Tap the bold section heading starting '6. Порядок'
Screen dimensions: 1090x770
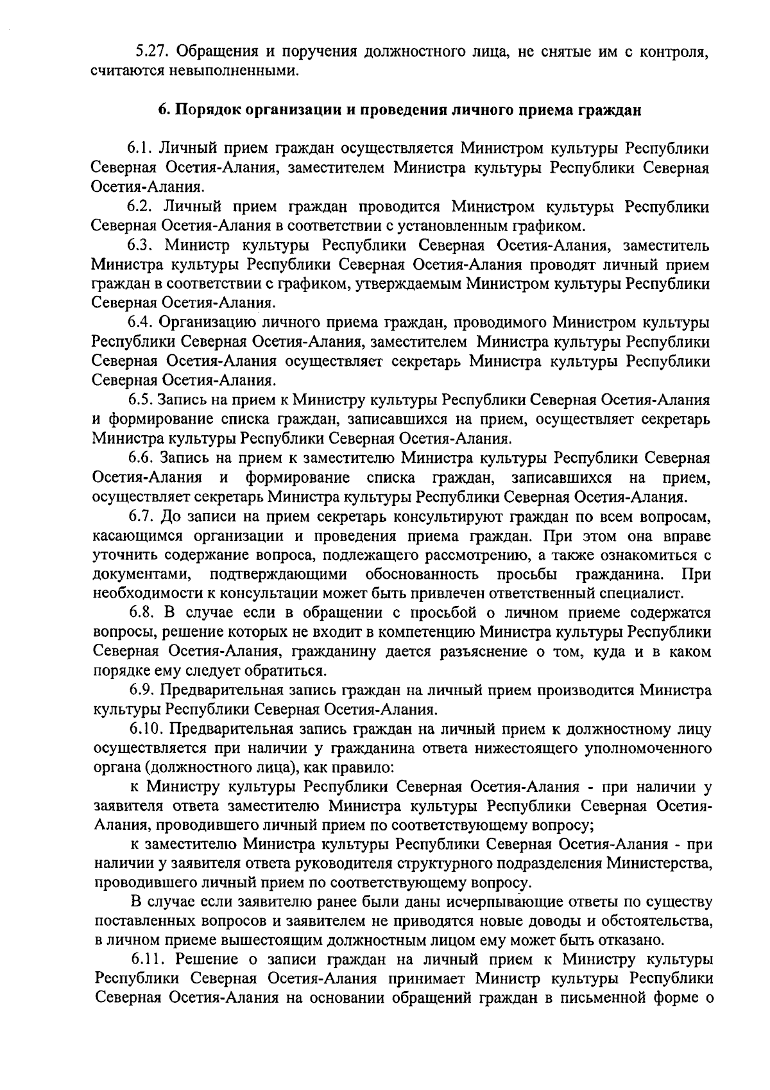[x=400, y=109]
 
